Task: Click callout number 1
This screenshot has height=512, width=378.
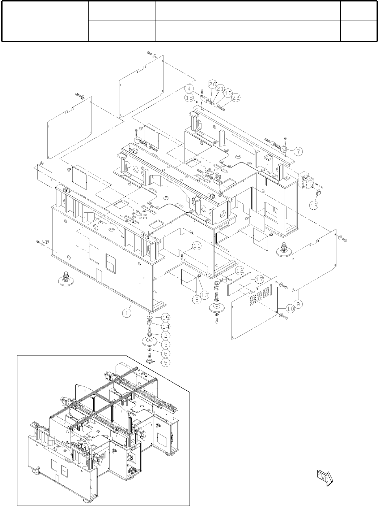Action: point(127,313)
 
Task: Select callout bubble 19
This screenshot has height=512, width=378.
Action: point(314,205)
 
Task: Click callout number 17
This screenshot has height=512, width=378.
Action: point(259,279)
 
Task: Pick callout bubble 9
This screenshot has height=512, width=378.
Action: point(298,304)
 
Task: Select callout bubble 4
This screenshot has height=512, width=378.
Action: point(191,88)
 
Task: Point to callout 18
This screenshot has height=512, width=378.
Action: point(189,97)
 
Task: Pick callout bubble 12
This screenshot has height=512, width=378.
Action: point(239,270)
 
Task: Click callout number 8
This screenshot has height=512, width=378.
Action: point(196,299)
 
